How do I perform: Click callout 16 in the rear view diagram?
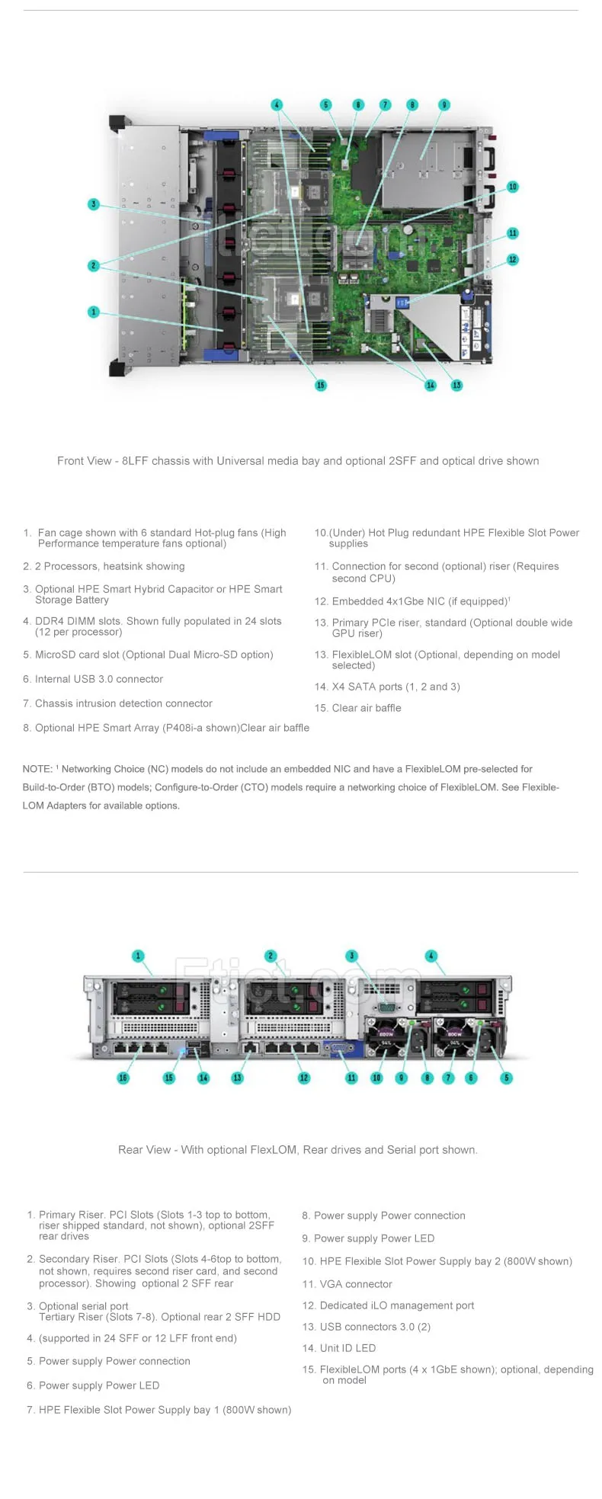[x=123, y=1078]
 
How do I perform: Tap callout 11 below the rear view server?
[x=351, y=1078]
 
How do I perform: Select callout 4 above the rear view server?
[x=431, y=956]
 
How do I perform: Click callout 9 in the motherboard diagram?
[x=444, y=104]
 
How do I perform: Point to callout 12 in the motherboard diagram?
[x=513, y=260]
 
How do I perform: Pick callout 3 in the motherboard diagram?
[x=94, y=204]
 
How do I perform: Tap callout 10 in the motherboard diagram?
[x=513, y=187]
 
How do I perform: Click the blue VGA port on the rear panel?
[x=335, y=1049]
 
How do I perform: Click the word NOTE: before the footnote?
[x=37, y=769]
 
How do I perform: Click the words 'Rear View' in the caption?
[x=145, y=1150]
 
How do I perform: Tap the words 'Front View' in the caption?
[x=85, y=461]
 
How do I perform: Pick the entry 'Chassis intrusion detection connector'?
[x=123, y=703]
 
